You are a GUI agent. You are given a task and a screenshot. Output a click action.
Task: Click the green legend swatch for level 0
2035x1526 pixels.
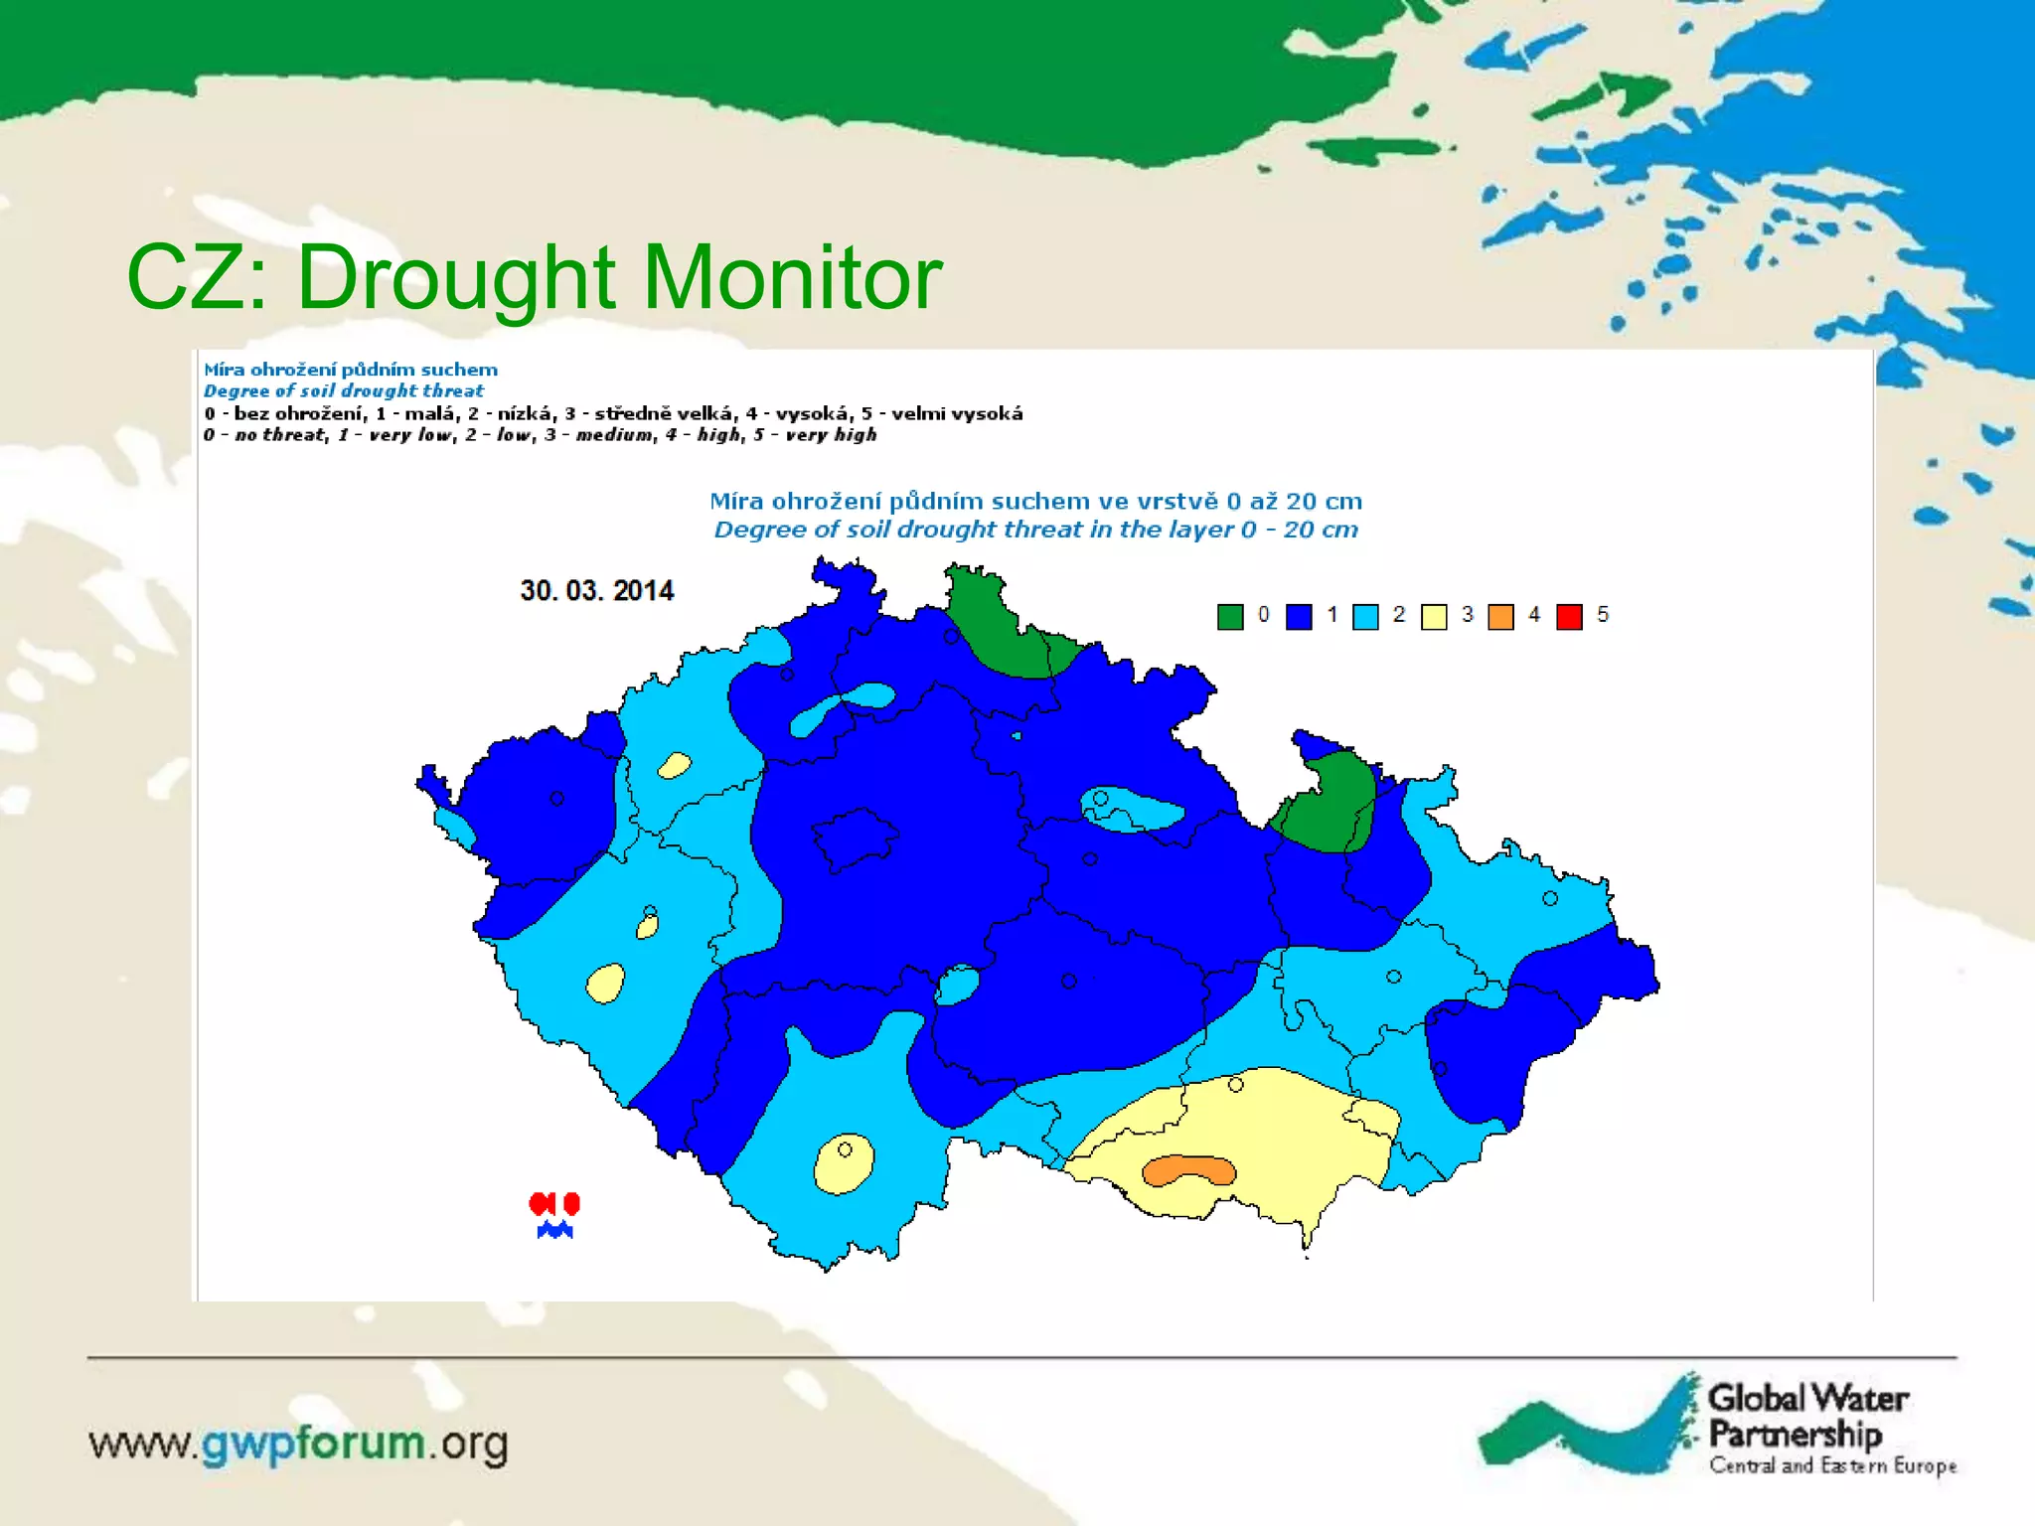[1230, 617]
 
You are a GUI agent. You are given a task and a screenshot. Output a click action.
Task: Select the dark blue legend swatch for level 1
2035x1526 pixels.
[1299, 617]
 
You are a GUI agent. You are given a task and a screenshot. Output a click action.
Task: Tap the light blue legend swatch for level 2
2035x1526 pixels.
[1366, 617]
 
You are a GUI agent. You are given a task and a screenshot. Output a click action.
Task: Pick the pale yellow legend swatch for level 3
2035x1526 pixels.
[1434, 617]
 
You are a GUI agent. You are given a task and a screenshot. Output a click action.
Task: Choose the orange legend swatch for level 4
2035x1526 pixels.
[1500, 617]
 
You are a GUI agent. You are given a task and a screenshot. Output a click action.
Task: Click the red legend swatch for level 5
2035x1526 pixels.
[1569, 617]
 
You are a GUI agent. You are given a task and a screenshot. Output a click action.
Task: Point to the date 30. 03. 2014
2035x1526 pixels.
[597, 591]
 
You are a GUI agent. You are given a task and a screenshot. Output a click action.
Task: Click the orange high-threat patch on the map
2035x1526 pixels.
[1188, 1171]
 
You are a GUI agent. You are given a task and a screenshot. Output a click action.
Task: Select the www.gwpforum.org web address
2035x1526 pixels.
[298, 1444]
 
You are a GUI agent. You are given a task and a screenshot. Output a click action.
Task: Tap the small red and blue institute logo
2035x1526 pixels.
[554, 1215]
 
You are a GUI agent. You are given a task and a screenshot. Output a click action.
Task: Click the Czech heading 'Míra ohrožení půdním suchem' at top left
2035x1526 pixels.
[351, 370]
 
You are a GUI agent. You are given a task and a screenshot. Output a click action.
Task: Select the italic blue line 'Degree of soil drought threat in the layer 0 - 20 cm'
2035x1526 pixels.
[1035, 530]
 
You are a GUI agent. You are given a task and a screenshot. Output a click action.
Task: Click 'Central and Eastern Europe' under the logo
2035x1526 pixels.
[1832, 1465]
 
